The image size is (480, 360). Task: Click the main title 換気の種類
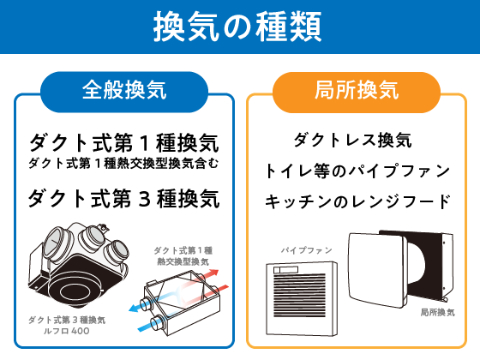pos(237,27)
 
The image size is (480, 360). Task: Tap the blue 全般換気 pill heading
pos(124,92)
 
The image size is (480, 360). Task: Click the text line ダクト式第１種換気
pos(124,143)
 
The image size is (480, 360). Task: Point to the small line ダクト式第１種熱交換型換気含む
pos(123,163)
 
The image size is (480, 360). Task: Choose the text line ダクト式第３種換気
pos(124,199)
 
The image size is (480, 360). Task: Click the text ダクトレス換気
pos(353,141)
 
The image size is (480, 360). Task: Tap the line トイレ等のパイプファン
pos(357,171)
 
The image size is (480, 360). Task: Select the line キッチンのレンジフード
pos(357,201)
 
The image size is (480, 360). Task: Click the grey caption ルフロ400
pos(67,331)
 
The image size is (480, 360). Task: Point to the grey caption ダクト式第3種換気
pos(67,321)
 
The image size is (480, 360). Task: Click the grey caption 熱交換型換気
pos(183,261)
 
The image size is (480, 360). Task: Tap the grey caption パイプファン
pos(307,250)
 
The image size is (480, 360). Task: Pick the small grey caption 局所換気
pos(438,313)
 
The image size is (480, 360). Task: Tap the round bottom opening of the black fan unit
pos(75,291)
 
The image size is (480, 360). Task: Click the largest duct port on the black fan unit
pos(56,243)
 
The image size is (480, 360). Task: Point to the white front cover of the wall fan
pos(378,270)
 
